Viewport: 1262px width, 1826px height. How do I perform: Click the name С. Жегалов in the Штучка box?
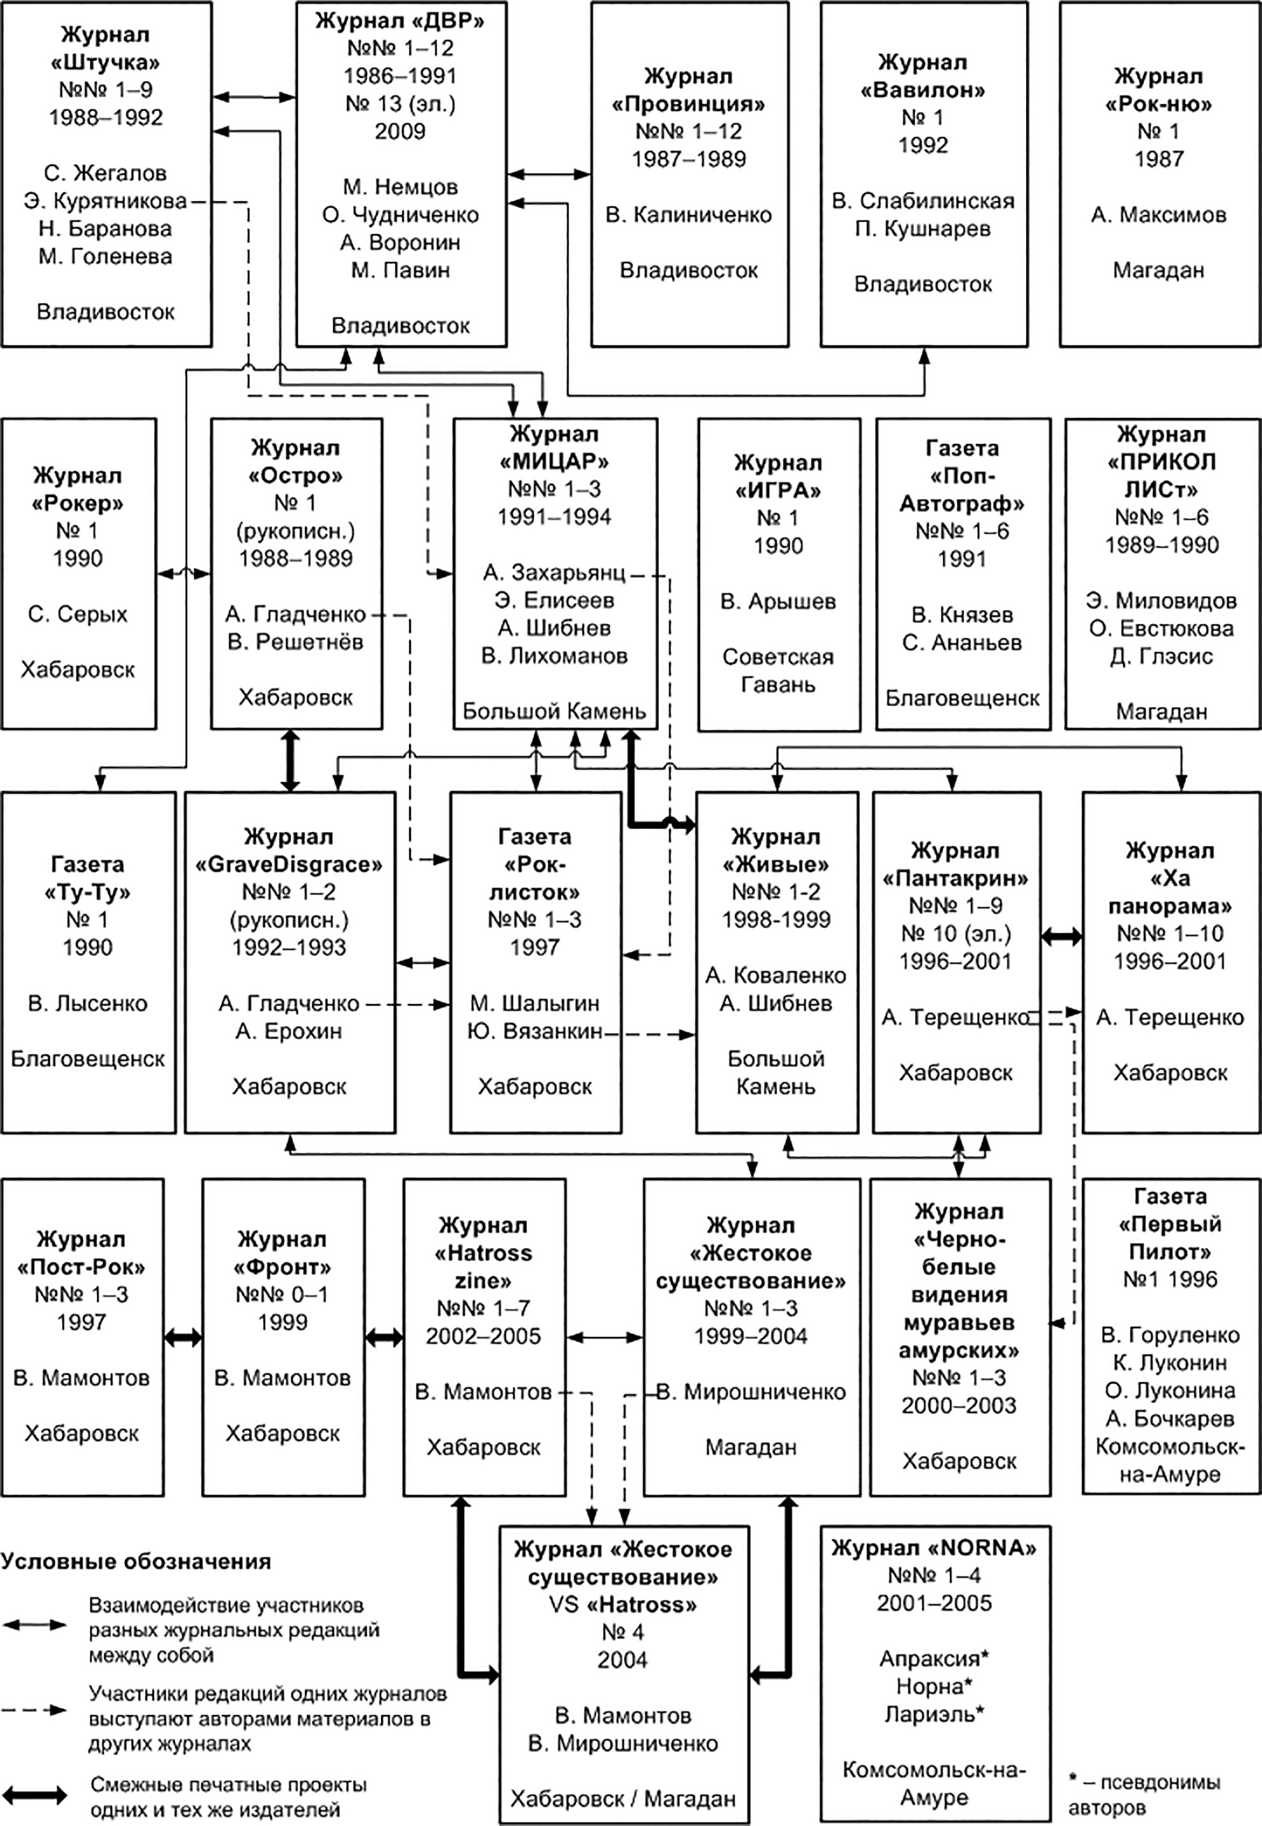coord(105,173)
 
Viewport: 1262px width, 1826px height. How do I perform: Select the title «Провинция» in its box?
coord(689,104)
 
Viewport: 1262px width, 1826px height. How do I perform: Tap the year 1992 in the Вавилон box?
coord(923,145)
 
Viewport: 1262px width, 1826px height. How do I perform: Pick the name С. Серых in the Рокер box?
coord(78,614)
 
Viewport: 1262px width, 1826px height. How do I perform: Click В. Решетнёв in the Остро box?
coord(295,641)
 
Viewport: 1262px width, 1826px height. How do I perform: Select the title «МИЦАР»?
coord(554,461)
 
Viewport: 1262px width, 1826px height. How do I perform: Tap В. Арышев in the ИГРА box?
coord(778,601)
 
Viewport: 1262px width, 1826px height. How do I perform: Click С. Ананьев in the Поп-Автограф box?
coord(961,642)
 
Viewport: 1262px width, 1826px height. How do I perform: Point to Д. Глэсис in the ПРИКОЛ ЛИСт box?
coord(1161,656)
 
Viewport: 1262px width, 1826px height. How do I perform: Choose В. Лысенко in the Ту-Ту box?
coord(88,1003)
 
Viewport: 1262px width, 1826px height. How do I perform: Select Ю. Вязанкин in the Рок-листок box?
coord(535,1031)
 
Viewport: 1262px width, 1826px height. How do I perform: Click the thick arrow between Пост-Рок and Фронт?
coord(183,1338)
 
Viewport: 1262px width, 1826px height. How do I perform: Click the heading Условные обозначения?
coord(135,1561)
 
